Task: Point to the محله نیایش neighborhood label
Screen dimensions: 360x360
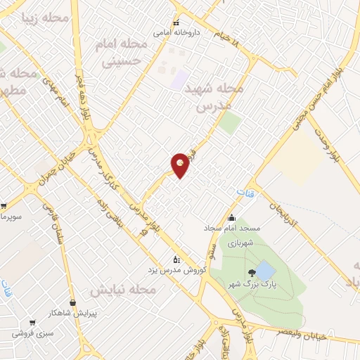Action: pos(117,289)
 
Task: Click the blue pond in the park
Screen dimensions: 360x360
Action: pos(265,271)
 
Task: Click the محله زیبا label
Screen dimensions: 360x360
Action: pos(45,18)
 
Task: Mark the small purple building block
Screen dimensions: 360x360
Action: pos(181,79)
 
